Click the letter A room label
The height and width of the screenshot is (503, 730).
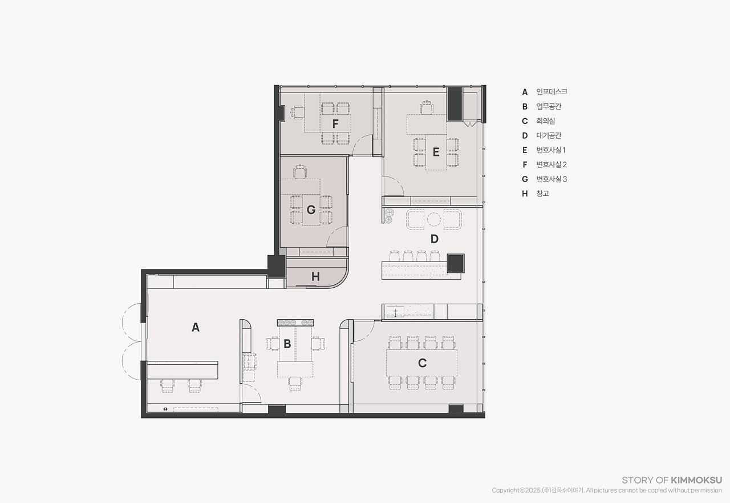196,327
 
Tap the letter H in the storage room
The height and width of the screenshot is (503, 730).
315,276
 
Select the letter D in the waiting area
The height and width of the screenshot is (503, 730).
435,239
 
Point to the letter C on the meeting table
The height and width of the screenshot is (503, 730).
422,363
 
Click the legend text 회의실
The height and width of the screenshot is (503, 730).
546,120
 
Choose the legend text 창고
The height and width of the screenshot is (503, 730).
542,194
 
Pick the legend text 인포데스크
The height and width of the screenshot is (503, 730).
551,92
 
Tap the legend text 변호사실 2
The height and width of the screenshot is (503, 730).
551,164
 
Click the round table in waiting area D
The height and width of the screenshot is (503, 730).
434,219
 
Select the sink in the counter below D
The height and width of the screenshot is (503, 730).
395,312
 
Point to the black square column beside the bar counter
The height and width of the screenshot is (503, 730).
456,263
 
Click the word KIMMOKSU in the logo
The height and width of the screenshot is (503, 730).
696,480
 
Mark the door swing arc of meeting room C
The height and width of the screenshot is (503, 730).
367,335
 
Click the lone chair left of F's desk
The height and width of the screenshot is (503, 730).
297,112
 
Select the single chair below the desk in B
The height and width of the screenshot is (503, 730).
295,384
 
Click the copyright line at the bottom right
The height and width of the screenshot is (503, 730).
607,490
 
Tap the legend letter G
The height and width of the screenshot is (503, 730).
525,179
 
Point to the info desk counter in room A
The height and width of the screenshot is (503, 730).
182,370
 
